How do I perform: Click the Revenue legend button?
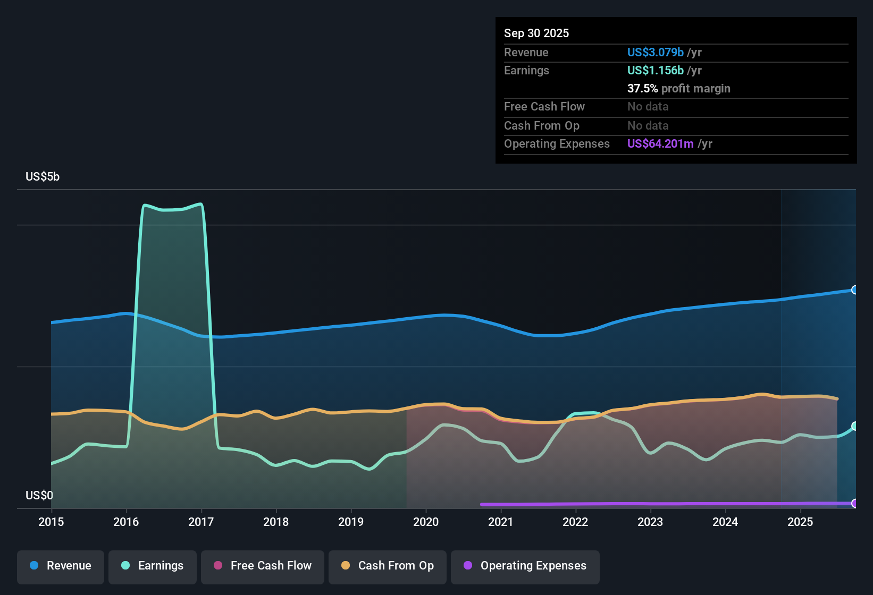[x=61, y=566]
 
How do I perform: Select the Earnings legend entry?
[x=153, y=566]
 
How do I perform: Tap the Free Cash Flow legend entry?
[x=263, y=566]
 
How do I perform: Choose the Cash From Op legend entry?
[x=388, y=566]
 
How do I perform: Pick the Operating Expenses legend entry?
[x=525, y=566]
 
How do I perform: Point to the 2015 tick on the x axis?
[x=51, y=522]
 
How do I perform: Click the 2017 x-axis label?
[x=201, y=522]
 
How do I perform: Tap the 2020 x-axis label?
[x=426, y=522]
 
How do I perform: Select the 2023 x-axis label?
[x=650, y=522]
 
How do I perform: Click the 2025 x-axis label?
[x=800, y=522]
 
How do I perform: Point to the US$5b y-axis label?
[x=43, y=177]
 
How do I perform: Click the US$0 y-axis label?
[x=39, y=496]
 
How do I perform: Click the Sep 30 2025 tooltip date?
[x=536, y=33]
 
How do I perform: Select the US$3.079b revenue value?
[x=655, y=53]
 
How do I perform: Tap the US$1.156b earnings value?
[x=655, y=71]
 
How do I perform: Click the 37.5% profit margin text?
[x=678, y=89]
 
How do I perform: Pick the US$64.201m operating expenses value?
[x=660, y=144]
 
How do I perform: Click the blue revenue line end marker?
[x=855, y=290]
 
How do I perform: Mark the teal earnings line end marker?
[x=855, y=426]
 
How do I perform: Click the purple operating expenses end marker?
[x=855, y=503]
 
